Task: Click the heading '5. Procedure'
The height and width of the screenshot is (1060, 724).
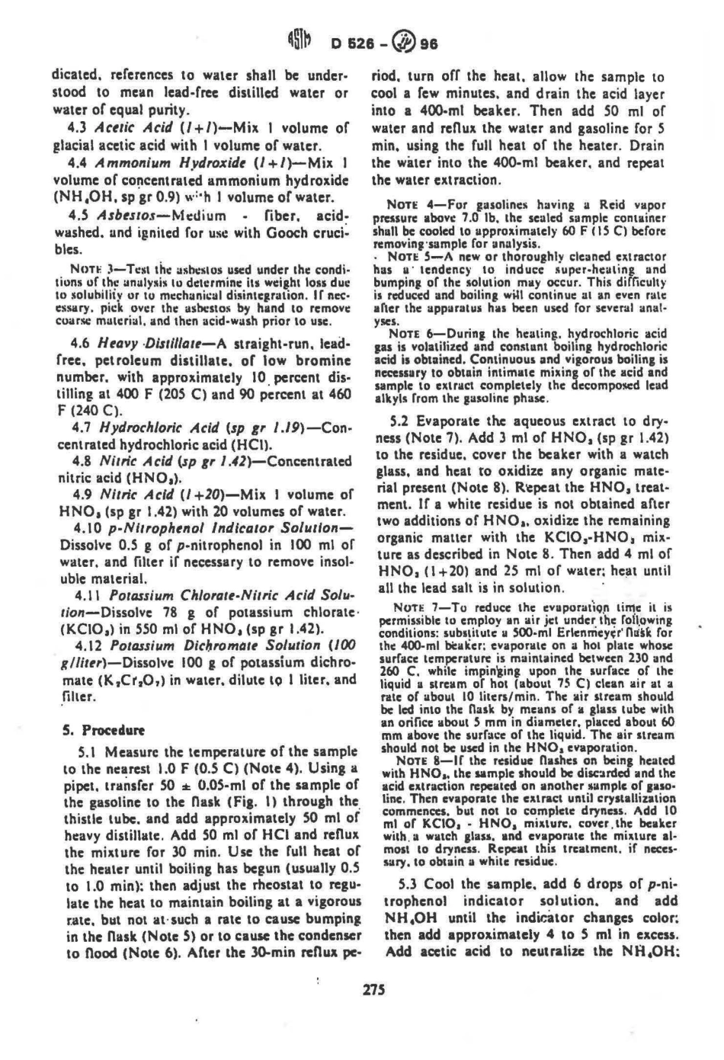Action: [94, 729]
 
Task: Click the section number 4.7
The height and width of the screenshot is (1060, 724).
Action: [78, 428]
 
